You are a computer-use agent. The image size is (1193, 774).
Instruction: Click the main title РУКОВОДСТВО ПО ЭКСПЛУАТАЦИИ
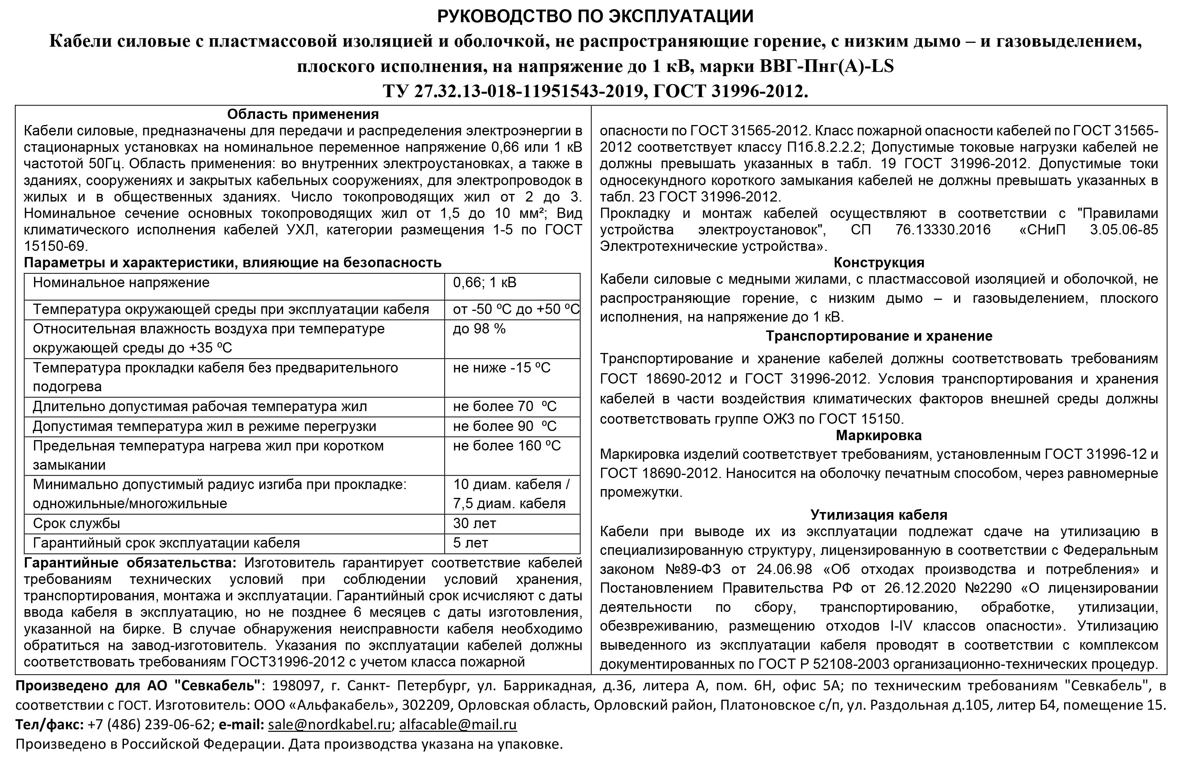point(595,16)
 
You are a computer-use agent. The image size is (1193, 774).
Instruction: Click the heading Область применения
point(303,114)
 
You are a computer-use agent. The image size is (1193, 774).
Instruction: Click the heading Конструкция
point(879,263)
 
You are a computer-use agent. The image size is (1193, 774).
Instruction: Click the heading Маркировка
point(879,435)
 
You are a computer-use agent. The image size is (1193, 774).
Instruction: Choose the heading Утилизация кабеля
point(879,515)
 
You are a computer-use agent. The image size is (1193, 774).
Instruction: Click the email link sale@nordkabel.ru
point(329,725)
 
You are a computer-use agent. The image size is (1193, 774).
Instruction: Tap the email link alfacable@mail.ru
point(458,725)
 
